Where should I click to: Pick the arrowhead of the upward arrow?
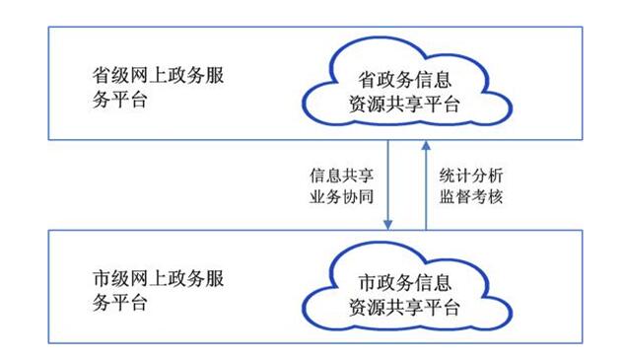coord(426,144)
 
